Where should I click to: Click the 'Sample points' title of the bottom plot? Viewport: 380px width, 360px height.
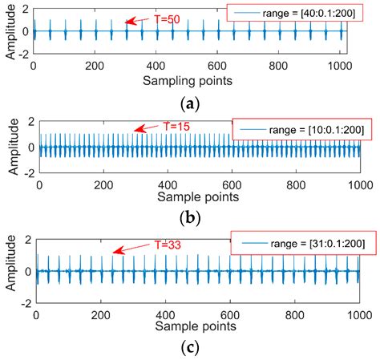pos(197,326)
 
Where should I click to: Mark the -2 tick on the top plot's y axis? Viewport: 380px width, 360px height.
pos(23,56)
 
